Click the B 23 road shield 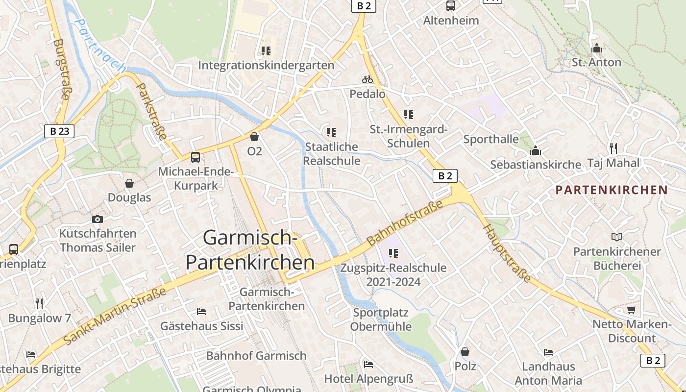[x=59, y=131]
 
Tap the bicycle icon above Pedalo [x=367, y=79]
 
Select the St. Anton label [x=596, y=62]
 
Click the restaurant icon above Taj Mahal [x=613, y=148]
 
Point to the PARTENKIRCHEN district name [x=612, y=190]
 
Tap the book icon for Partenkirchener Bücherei [x=616, y=237]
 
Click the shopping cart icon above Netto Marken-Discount [x=632, y=310]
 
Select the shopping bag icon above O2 [x=254, y=137]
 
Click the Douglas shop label [x=129, y=197]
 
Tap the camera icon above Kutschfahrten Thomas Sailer [x=98, y=219]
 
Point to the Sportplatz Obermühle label [x=380, y=319]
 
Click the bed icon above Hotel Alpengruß [x=368, y=364]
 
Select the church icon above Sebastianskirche [x=535, y=150]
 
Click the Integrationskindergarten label [x=266, y=65]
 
